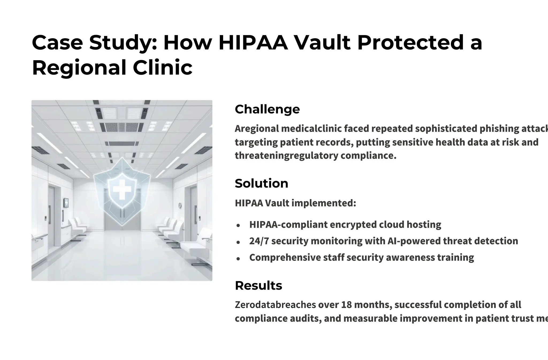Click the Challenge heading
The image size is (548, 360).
(267, 109)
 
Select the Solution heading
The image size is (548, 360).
(261, 184)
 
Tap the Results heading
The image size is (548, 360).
(258, 286)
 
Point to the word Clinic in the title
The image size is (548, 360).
(162, 67)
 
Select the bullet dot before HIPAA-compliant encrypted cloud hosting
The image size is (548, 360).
(238, 225)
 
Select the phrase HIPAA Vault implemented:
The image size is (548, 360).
(295, 203)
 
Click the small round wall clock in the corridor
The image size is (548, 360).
(180, 206)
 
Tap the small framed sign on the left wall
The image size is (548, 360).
(66, 203)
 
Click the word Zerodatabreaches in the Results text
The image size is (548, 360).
(275, 305)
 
